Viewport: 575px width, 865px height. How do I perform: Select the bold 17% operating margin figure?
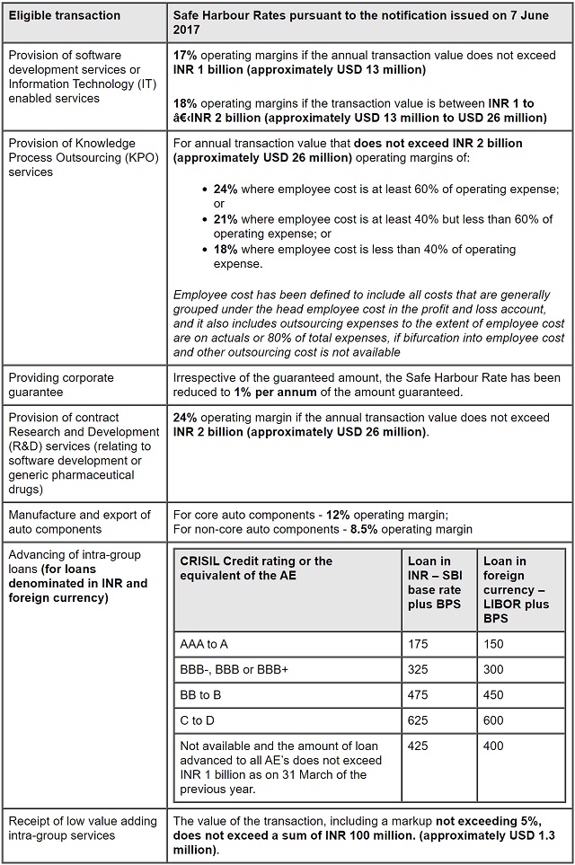pyautogui.click(x=186, y=56)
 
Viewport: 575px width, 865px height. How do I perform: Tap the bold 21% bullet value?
pyautogui.click(x=227, y=219)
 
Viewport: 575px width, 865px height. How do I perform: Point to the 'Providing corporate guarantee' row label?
pyautogui.click(x=61, y=384)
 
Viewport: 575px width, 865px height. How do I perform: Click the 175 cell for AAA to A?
pyautogui.click(x=420, y=643)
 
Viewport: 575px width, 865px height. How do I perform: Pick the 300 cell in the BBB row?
pyautogui.click(x=495, y=669)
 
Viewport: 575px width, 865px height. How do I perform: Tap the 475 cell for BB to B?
pyautogui.click(x=420, y=694)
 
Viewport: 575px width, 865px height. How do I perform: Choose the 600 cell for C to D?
pyautogui.click(x=495, y=720)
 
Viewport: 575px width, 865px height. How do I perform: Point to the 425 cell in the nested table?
pyautogui.click(x=420, y=746)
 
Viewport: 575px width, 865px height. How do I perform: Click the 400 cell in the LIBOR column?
pyautogui.click(x=495, y=746)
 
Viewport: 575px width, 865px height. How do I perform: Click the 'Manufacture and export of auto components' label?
pyautogui.click(x=79, y=522)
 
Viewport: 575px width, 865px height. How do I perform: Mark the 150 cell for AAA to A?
pyautogui.click(x=495, y=643)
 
